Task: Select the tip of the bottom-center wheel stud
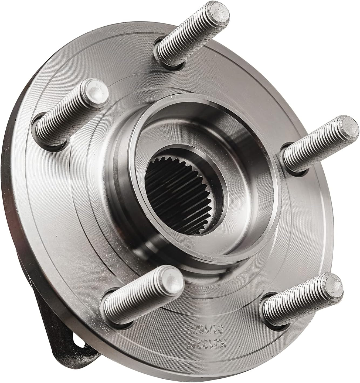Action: (x=171, y=279)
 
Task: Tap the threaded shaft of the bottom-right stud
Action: (x=297, y=305)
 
